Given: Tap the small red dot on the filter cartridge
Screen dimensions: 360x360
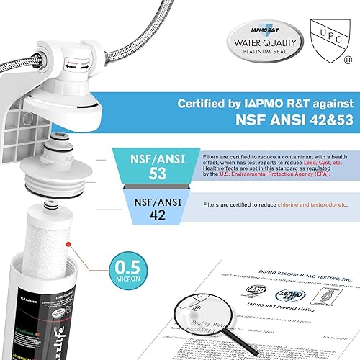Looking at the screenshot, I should pos(68,245).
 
